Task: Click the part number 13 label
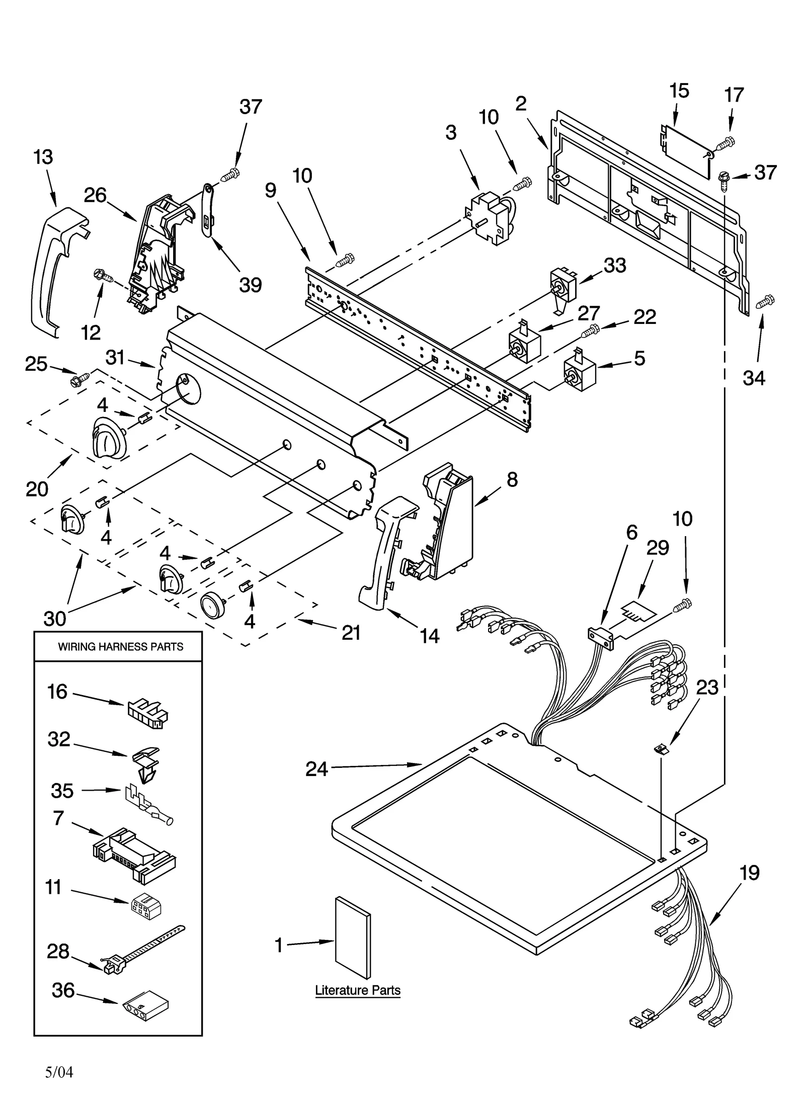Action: click(x=43, y=157)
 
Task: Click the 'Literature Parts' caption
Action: click(x=358, y=990)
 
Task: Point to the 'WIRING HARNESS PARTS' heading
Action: click(x=121, y=647)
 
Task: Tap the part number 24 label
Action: click(x=316, y=769)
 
